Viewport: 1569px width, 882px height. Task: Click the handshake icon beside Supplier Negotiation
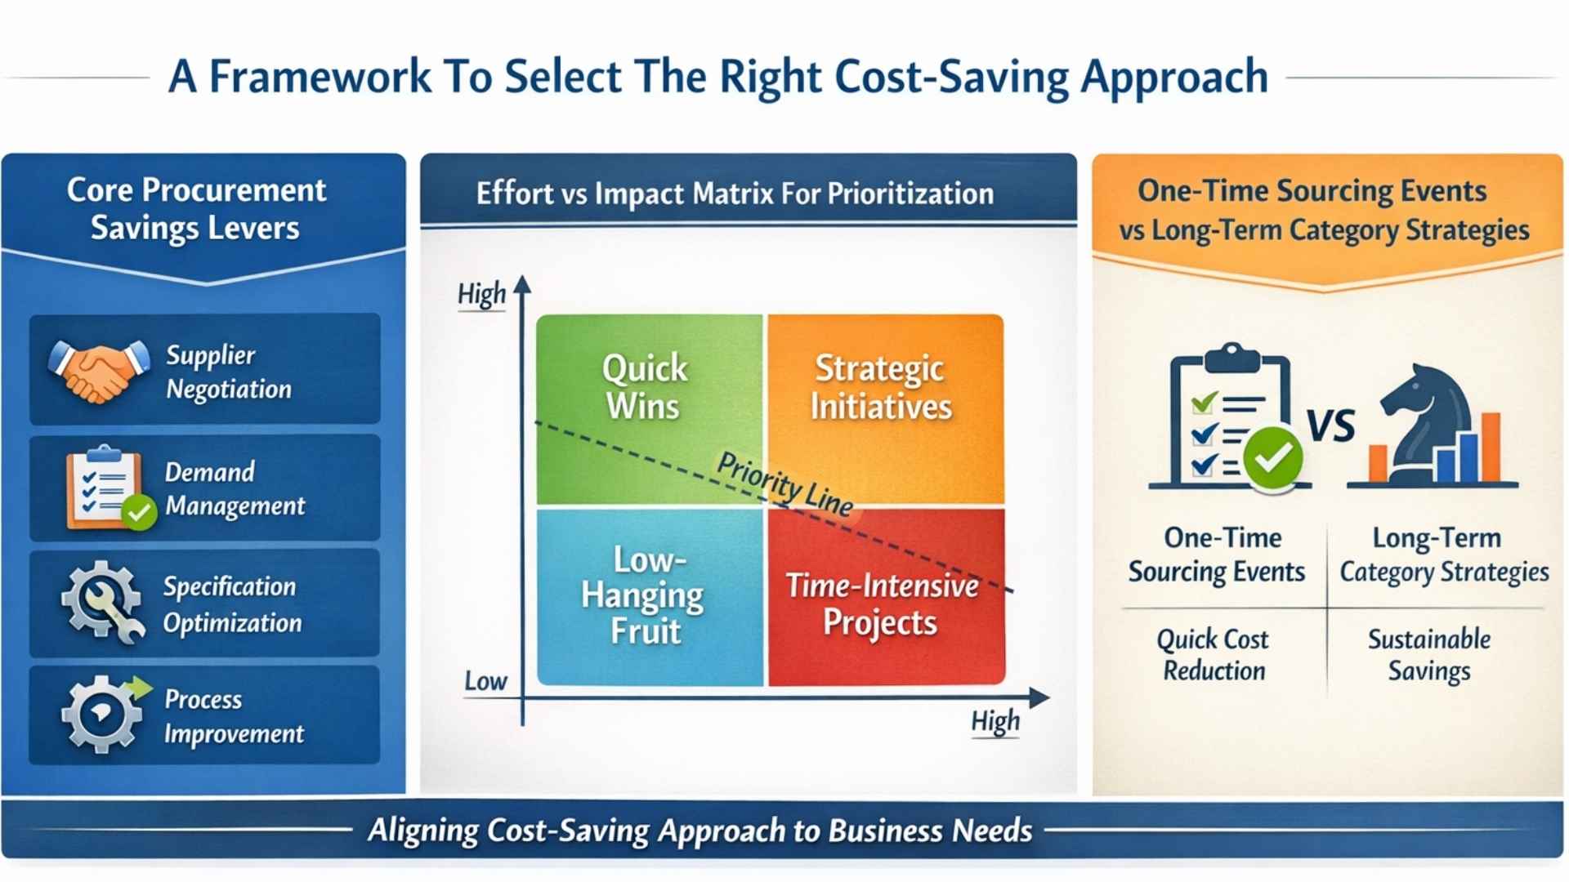[99, 372]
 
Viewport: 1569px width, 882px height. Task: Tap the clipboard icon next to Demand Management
[105, 488]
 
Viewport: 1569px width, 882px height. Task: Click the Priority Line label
[785, 483]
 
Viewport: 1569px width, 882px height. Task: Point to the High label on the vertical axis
[481, 294]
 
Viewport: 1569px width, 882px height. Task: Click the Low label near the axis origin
[485, 681]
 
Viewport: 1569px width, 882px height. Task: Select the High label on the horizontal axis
[995, 721]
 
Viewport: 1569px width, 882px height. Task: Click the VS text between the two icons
[1331, 425]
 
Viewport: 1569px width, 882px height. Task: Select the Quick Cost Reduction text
[1214, 654]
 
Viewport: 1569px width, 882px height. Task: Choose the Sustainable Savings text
[1429, 654]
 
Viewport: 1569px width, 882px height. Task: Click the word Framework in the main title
[320, 77]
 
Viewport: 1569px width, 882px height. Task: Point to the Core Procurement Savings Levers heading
[196, 209]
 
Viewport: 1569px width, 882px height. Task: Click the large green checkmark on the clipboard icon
[1272, 457]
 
